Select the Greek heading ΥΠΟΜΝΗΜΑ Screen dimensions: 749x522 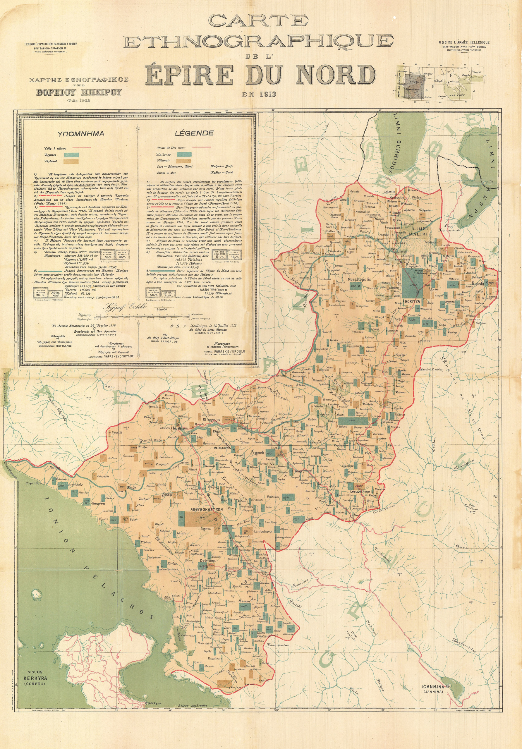click(x=81, y=133)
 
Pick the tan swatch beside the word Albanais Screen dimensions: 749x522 click(x=184, y=161)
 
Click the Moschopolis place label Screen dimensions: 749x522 click(x=358, y=280)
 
